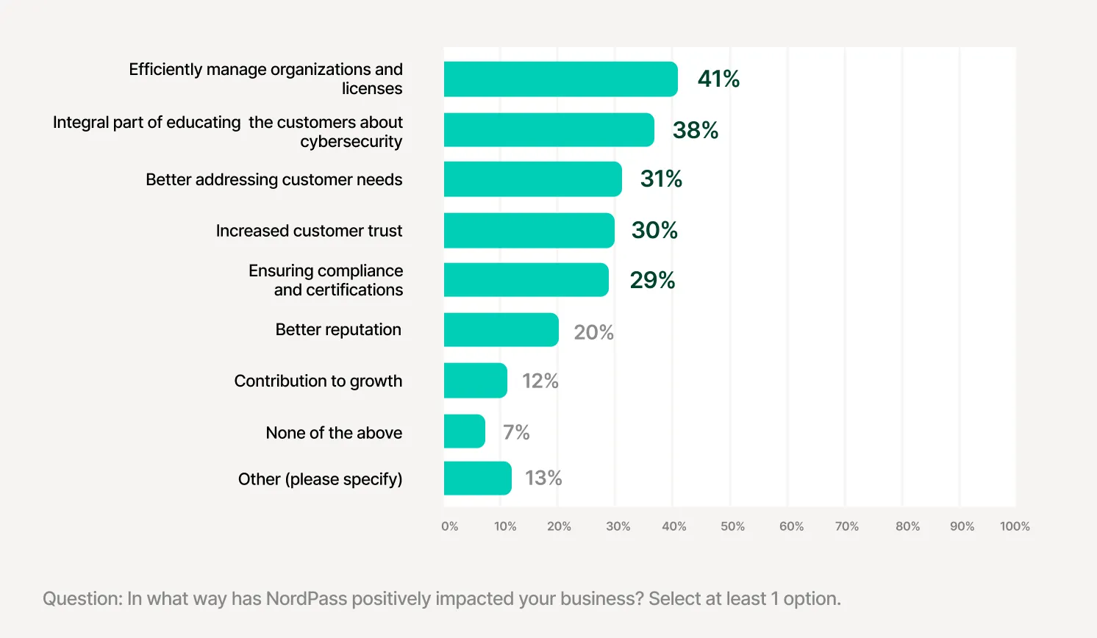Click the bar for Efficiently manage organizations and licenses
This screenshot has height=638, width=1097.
point(560,79)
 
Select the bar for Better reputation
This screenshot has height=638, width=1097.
point(501,330)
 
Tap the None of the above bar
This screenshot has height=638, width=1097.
point(464,431)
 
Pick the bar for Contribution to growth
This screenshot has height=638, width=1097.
point(475,381)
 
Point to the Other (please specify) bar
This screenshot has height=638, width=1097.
point(477,478)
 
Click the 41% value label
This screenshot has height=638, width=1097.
point(718,79)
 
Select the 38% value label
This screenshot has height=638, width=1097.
point(695,130)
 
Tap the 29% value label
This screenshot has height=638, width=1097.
point(652,280)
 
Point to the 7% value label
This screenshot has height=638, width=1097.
point(516,432)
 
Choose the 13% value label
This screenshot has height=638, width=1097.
point(543,478)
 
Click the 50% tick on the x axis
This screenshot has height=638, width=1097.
point(732,526)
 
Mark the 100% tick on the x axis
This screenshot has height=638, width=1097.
point(1015,526)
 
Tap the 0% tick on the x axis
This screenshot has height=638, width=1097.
point(449,526)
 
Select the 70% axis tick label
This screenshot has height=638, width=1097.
point(847,526)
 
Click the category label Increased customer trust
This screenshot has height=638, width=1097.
point(309,231)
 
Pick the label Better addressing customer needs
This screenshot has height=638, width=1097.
point(274,180)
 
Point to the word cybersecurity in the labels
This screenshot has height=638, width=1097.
point(351,142)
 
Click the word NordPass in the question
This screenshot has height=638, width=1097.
point(306,599)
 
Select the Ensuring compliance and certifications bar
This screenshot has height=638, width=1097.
point(526,280)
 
